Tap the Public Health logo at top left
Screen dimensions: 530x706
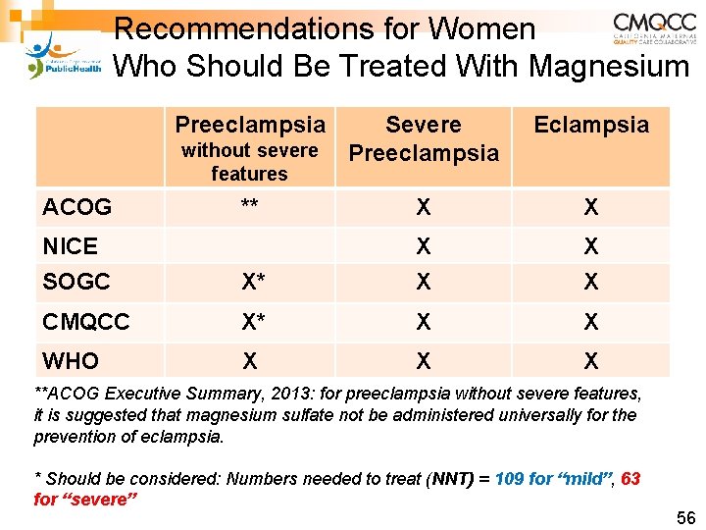click(62, 56)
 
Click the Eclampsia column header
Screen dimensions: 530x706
click(590, 125)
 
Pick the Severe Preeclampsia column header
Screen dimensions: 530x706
click(424, 138)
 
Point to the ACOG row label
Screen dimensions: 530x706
click(77, 207)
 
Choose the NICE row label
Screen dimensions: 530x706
click(71, 245)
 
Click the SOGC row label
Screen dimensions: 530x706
click(76, 282)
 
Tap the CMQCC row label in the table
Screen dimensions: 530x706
click(86, 322)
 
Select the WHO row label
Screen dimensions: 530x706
click(72, 361)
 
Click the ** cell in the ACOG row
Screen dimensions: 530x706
click(249, 205)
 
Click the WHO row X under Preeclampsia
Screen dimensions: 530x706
click(250, 361)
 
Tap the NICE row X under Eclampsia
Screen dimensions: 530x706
click(590, 245)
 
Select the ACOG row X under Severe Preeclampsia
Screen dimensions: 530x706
click(423, 207)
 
